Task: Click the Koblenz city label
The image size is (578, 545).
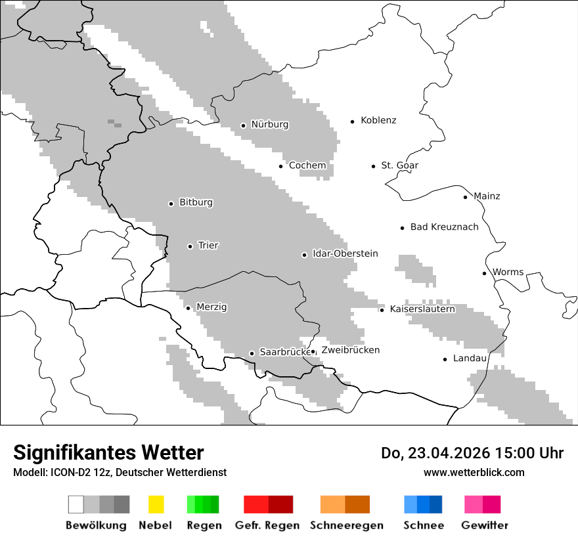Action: [x=378, y=121]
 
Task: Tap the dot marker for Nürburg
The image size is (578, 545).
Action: [x=243, y=125]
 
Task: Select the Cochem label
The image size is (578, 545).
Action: [x=307, y=165]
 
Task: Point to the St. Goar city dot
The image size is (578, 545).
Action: [x=373, y=166]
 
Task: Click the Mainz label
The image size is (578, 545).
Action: [x=487, y=196]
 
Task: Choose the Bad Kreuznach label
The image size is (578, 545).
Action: [x=444, y=227]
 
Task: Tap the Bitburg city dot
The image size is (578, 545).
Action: [x=171, y=204]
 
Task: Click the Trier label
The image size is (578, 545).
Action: [x=208, y=246]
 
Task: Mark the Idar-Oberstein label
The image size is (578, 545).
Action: [x=345, y=254]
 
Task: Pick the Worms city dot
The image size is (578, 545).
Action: [x=484, y=273]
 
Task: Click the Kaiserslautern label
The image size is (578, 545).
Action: [x=422, y=309]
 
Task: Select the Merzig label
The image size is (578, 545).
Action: [x=211, y=307]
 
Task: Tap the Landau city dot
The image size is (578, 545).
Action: [x=445, y=359]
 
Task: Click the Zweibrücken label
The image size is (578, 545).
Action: [x=350, y=350]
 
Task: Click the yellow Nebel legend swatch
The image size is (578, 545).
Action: [x=156, y=504]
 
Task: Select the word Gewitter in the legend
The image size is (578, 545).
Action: [x=485, y=525]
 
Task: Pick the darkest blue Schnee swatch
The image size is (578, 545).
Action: [x=436, y=504]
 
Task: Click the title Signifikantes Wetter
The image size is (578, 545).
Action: [x=108, y=452]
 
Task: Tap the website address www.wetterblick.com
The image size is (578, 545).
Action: [x=474, y=473]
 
